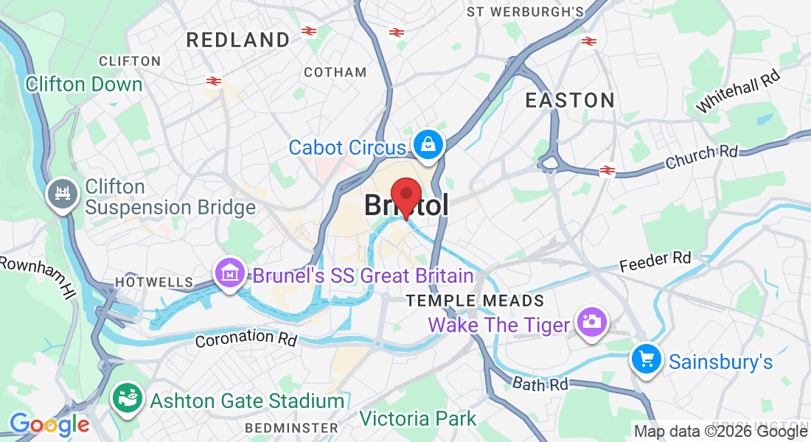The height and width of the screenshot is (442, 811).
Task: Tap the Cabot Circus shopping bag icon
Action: (428, 145)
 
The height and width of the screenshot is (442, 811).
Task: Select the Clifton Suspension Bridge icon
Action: (62, 194)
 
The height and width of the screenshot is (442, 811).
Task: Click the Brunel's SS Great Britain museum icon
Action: (231, 274)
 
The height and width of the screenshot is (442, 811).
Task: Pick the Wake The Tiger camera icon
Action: (591, 322)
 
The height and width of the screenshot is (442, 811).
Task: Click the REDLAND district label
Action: (237, 40)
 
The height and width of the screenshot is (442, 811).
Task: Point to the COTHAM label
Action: (335, 72)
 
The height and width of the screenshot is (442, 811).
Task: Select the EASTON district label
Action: (570, 100)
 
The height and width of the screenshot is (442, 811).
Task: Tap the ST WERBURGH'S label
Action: (525, 12)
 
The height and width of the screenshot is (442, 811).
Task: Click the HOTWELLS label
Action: (153, 282)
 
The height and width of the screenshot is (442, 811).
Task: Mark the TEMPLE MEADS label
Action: (476, 301)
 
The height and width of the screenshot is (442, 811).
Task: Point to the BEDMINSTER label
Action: (291, 427)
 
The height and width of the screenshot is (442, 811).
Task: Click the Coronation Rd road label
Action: (246, 338)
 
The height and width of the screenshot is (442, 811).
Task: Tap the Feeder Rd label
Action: (655, 261)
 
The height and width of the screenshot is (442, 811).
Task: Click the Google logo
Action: (49, 425)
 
